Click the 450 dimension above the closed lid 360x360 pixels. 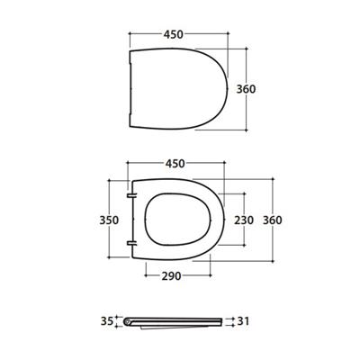[x=175, y=34]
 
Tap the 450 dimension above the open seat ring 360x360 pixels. [x=175, y=164]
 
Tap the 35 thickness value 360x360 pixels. [x=107, y=319]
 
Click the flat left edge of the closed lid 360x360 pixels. [x=130, y=90]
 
